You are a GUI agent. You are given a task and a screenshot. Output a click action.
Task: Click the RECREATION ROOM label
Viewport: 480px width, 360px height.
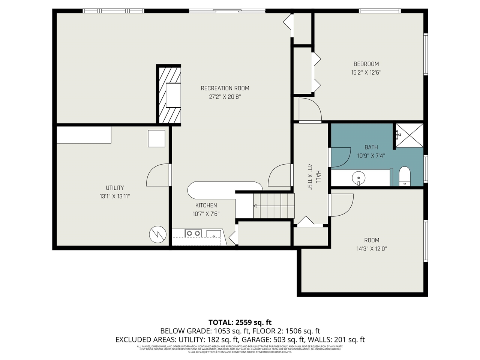225,88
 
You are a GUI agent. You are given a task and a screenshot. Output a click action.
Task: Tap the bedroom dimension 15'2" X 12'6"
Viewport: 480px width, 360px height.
366,73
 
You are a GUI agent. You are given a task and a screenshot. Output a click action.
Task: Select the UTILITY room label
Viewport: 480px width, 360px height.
115,188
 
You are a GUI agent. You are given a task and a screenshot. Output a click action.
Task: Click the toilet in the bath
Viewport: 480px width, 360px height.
405,176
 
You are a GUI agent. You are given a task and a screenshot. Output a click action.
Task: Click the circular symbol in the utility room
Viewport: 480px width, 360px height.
157,234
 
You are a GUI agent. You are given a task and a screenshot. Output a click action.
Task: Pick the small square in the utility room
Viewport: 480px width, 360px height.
156,138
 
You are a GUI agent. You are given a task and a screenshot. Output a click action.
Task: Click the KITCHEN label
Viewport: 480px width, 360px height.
206,205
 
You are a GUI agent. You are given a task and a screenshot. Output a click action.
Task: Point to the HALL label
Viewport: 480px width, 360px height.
318,177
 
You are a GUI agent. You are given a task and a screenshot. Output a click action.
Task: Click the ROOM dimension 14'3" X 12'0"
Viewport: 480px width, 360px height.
372,249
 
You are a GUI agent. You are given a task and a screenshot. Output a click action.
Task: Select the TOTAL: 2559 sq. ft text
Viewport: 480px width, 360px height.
240,322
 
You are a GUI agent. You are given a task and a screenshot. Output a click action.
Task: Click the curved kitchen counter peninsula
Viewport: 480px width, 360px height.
225,189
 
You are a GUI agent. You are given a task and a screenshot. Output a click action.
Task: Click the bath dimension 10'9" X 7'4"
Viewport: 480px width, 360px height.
371,156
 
